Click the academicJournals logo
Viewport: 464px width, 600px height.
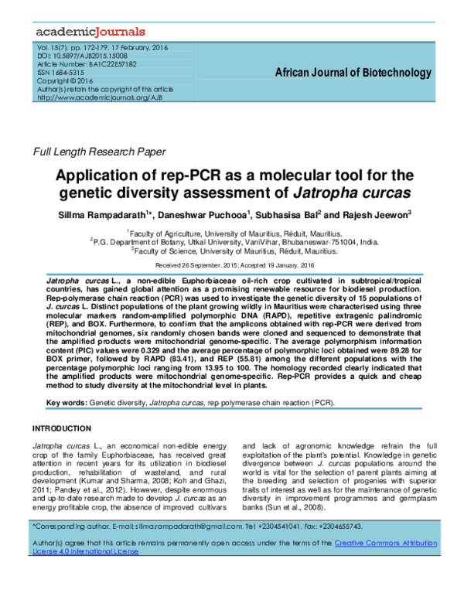click(x=90, y=32)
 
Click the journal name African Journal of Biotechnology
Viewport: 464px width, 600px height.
click(x=353, y=73)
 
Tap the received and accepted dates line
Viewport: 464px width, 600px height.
click(x=232, y=264)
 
